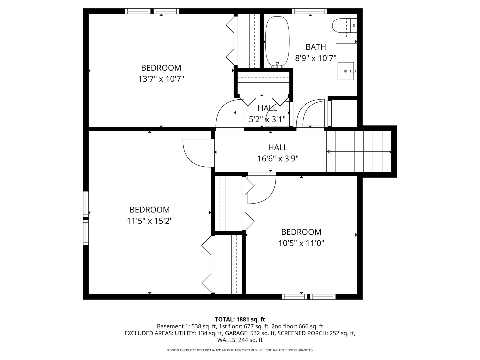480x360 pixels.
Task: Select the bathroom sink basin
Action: coord(346,71)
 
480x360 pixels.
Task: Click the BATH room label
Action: coord(315,47)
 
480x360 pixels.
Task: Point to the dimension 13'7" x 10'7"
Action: coord(161,79)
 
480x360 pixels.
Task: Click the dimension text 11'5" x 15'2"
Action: coord(150,221)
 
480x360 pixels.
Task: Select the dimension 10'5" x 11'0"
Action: coord(301,243)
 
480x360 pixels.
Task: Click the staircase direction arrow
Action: coord(359,152)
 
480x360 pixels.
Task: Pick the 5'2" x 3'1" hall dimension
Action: coord(267,119)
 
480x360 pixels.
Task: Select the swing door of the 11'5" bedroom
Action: coord(197,153)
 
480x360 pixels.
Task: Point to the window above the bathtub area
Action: coord(309,11)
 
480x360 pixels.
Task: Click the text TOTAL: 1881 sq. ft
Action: coord(240,319)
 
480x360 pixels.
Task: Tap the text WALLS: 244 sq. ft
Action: coord(240,340)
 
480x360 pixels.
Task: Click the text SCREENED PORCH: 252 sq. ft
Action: coord(316,333)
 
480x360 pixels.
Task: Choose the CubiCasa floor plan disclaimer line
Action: coord(240,350)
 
